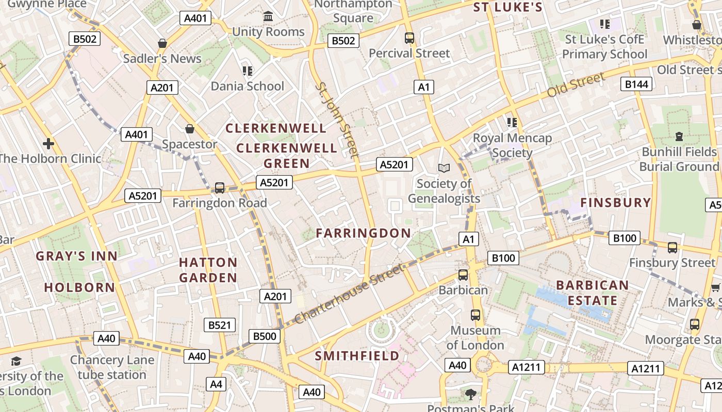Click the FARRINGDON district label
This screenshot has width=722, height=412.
coord(363,233)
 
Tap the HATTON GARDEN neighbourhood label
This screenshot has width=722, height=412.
coord(208,270)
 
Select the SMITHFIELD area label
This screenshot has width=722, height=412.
coord(357,356)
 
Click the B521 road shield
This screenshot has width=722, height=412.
coord(220,325)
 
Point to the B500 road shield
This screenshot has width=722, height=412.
coord(265,336)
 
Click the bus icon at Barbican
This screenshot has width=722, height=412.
coord(463,275)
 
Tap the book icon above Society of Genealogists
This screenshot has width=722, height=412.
coord(444,168)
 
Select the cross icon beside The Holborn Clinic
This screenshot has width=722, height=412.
coord(49,144)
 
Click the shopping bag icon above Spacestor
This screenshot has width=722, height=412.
coord(190,129)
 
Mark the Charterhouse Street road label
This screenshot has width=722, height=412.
coord(349,294)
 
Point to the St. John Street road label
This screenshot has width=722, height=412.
coord(336,119)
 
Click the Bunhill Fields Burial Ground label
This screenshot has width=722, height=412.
coord(679,159)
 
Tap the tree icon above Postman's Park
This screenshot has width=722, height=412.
coord(470,394)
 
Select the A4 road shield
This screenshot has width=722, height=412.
coord(216,384)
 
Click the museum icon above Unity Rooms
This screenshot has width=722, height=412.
coord(268,17)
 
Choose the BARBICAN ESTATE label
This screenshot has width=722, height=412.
coord(593,293)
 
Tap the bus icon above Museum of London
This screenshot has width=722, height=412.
coord(475,315)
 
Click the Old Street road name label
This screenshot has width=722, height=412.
coord(576,85)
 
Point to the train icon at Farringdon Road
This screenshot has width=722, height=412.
coord(220,188)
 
